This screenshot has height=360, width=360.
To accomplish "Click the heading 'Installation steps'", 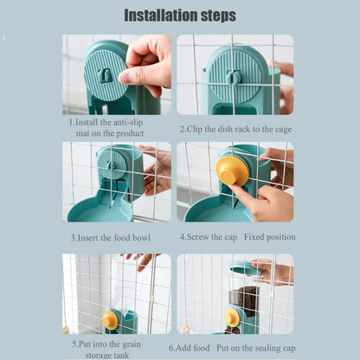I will (x=179, y=16).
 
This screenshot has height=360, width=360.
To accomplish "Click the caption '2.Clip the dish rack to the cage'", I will (x=235, y=128).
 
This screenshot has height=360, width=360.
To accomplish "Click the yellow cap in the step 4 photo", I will (x=232, y=171).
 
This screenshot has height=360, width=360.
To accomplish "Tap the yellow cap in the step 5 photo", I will (x=110, y=320).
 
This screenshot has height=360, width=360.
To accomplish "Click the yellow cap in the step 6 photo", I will (x=231, y=318).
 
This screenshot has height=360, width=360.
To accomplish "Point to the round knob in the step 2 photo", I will (x=231, y=77).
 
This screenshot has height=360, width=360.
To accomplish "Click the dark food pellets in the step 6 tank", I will (x=247, y=299).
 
